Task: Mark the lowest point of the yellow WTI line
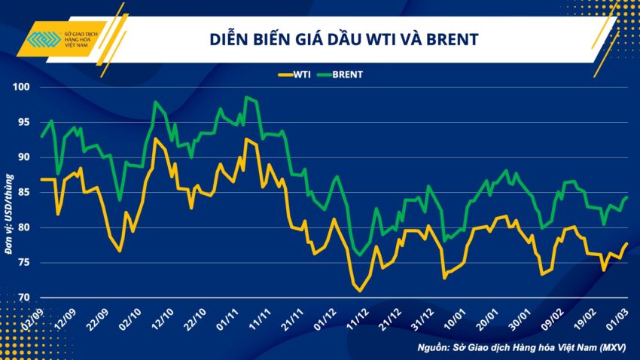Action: (360, 291)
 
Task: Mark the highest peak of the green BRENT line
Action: (246, 97)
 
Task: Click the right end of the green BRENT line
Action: (627, 197)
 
